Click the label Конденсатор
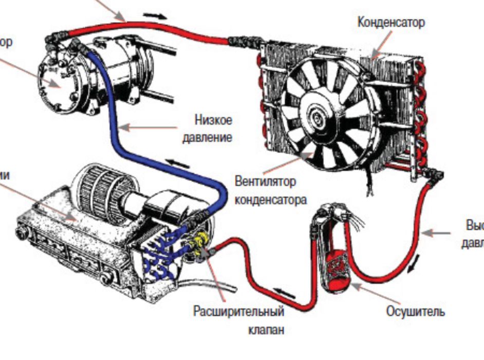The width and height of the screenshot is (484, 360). coord(391,23)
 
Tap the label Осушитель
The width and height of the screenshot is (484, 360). coord(415,312)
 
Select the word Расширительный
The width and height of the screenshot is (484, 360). coord(238,312)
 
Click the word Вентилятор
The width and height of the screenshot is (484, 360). coord(265,182)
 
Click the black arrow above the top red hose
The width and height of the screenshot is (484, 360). coord(156,15)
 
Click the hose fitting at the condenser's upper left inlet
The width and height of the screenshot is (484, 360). coord(237,40)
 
